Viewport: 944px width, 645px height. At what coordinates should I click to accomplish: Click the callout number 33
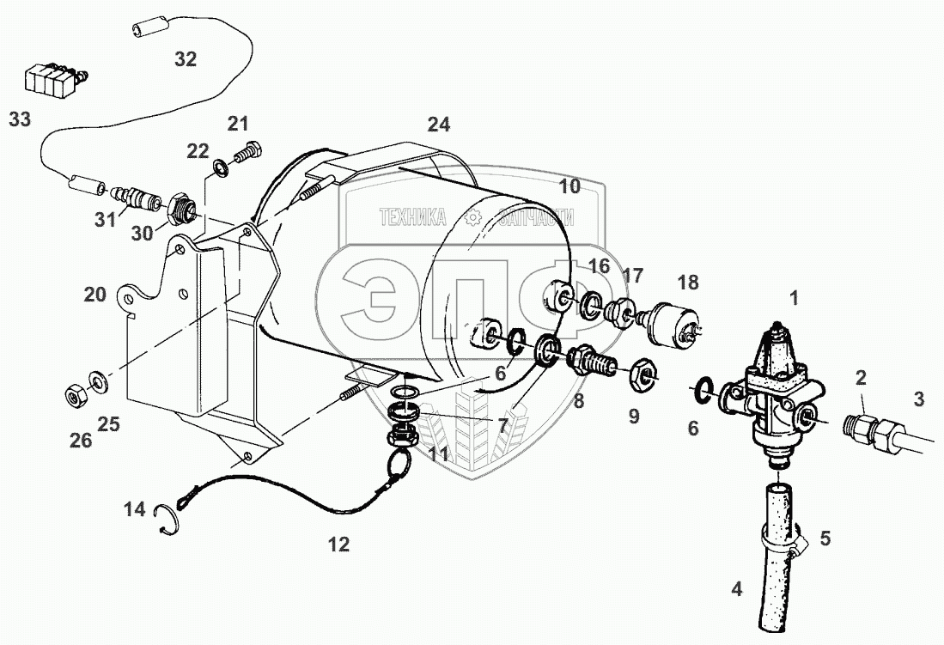click(20, 119)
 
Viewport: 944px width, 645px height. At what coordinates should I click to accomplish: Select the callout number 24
click(439, 125)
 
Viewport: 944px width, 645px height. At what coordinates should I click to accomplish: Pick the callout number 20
click(94, 295)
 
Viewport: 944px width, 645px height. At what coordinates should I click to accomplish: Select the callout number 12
click(339, 545)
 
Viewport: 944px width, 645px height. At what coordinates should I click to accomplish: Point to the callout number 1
click(795, 298)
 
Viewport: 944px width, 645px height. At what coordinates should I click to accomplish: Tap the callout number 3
click(919, 399)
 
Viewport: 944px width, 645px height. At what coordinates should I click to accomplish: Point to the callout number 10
click(569, 186)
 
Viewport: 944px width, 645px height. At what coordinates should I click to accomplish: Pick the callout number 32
click(186, 59)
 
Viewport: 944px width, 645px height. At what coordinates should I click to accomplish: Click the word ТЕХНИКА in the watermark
click(412, 217)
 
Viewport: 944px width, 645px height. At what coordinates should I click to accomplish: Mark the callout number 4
click(736, 589)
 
